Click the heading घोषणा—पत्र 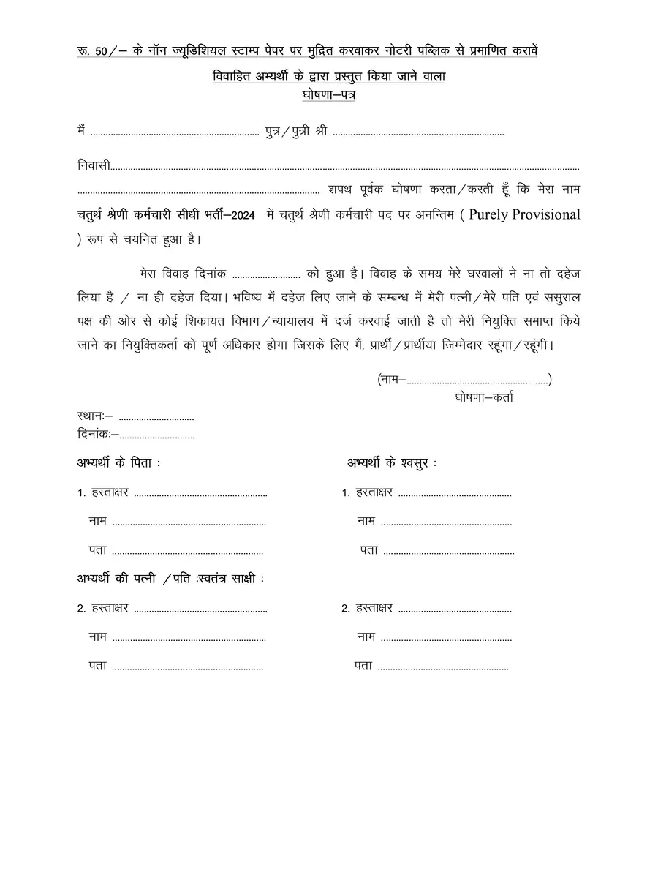pyautogui.click(x=328, y=95)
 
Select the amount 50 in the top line pyautogui.click(x=102, y=51)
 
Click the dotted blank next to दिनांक pyautogui.click(x=157, y=435)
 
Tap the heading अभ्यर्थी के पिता pyautogui.click(x=118, y=464)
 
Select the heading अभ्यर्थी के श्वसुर pyautogui.click(x=392, y=464)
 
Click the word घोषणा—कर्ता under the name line pyautogui.click(x=483, y=397)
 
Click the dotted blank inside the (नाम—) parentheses pyautogui.click(x=477, y=379)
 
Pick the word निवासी pyautogui.click(x=94, y=167)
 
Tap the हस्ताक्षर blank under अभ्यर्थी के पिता pyautogui.click(x=201, y=493)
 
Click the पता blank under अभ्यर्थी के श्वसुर pyautogui.click(x=447, y=550)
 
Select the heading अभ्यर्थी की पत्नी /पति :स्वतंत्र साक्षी pyautogui.click(x=170, y=578)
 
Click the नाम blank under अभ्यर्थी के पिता pyautogui.click(x=189, y=522)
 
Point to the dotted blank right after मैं pyautogui.click(x=174, y=133)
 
